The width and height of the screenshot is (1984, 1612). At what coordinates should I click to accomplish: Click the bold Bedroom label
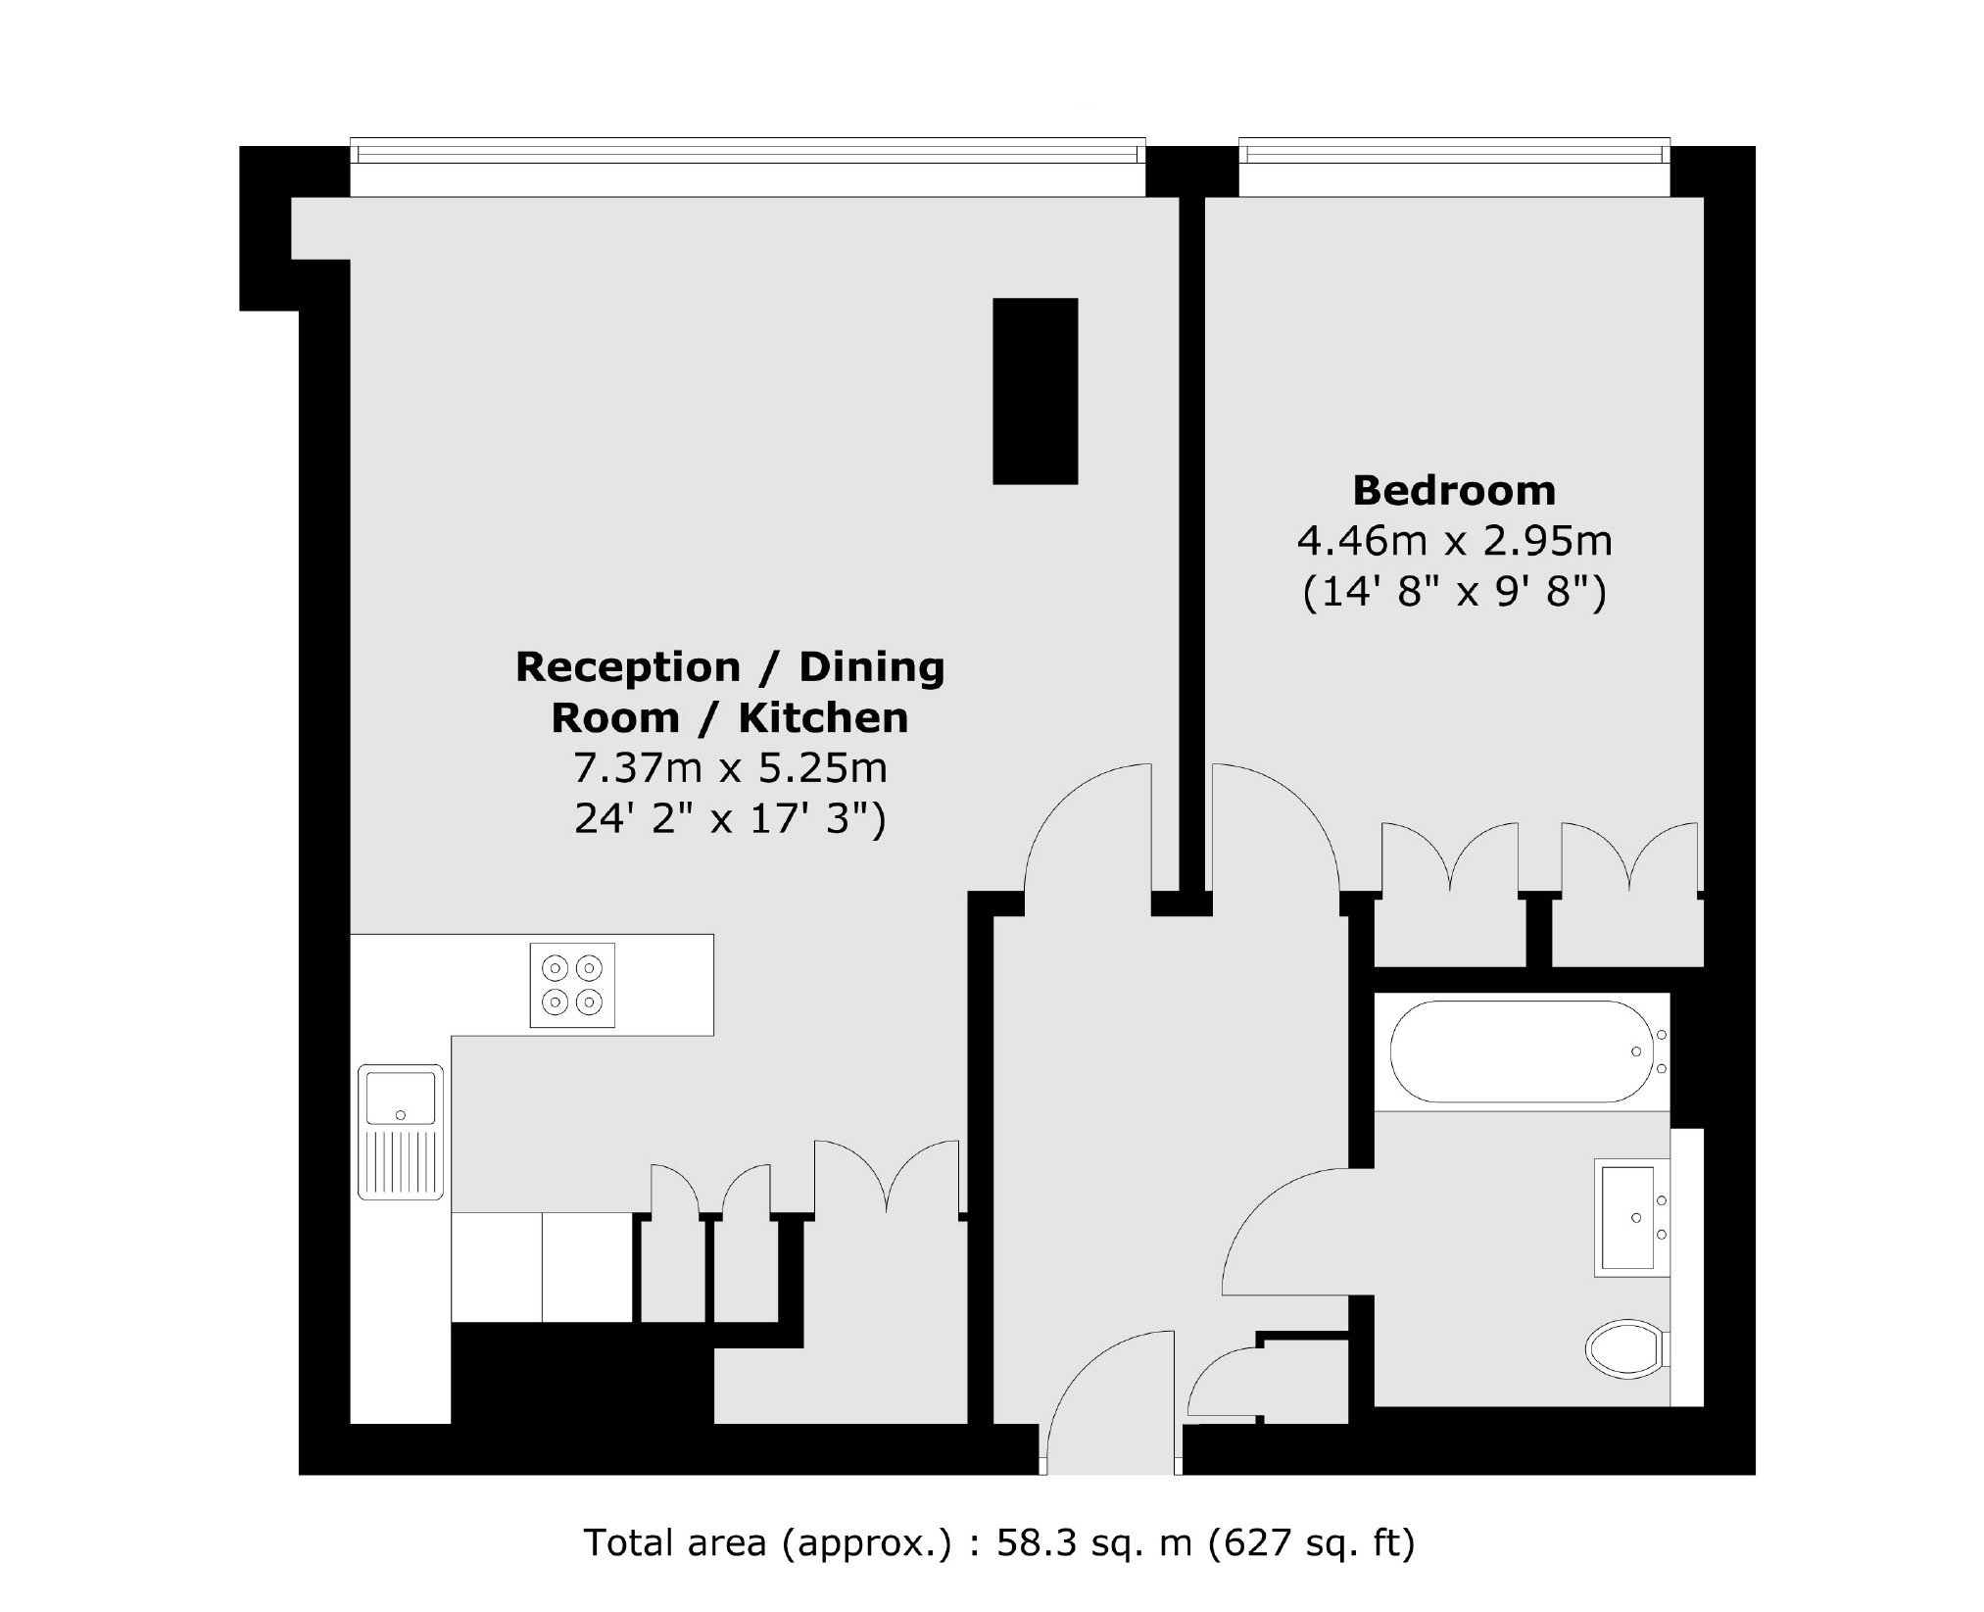[x=1454, y=490]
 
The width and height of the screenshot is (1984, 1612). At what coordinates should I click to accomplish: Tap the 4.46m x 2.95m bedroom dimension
[x=1455, y=540]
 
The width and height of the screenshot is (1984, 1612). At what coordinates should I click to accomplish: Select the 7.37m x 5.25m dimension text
[x=731, y=768]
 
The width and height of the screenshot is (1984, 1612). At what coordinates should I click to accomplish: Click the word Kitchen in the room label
[x=824, y=718]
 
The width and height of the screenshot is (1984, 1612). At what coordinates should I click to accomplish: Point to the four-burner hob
[x=572, y=985]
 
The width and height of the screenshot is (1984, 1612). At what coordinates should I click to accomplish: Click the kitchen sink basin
[x=400, y=1098]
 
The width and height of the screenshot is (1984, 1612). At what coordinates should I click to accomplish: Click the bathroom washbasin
[x=1632, y=1217]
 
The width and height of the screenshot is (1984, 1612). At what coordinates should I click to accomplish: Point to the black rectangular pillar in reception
[x=1036, y=391]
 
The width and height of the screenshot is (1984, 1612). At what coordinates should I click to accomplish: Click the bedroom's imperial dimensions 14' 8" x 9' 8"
[x=1455, y=592]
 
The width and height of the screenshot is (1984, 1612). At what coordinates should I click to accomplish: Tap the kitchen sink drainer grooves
[x=400, y=1161]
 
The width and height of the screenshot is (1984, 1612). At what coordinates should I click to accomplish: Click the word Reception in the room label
[x=628, y=667]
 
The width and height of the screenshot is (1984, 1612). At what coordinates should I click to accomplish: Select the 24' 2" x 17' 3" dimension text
[x=731, y=819]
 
